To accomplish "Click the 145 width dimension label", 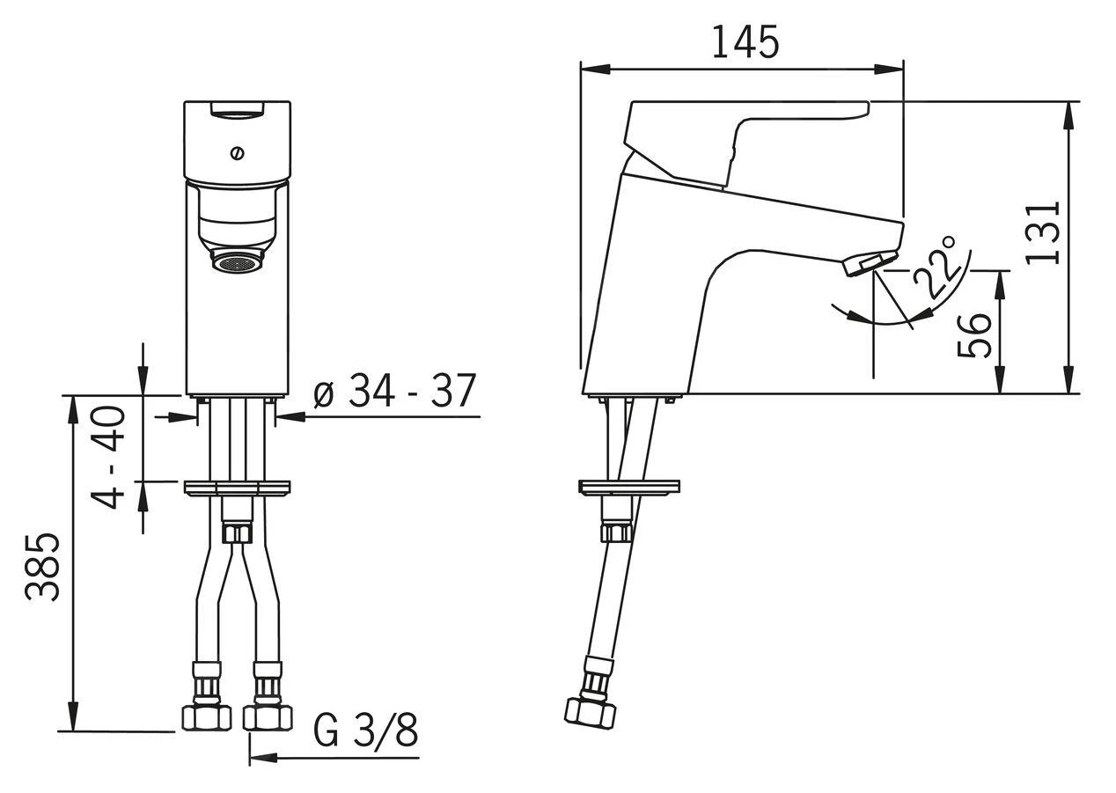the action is [745, 42].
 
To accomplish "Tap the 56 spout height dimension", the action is [974, 335].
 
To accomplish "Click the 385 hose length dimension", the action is [42, 568].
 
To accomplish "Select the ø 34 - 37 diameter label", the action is [395, 391].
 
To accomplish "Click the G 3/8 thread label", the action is [365, 731].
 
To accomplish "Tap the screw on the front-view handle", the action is [237, 153].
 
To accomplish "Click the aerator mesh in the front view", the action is [237, 263].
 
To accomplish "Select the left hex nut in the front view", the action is [207, 718].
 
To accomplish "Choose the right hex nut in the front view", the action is [268, 718].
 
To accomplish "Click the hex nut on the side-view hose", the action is [590, 716].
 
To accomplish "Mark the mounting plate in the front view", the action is [237, 488].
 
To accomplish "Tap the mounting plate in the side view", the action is [630, 488].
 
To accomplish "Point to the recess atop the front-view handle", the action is [237, 110].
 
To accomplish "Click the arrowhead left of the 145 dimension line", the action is [596, 70].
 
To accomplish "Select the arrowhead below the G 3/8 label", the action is [263, 772].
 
